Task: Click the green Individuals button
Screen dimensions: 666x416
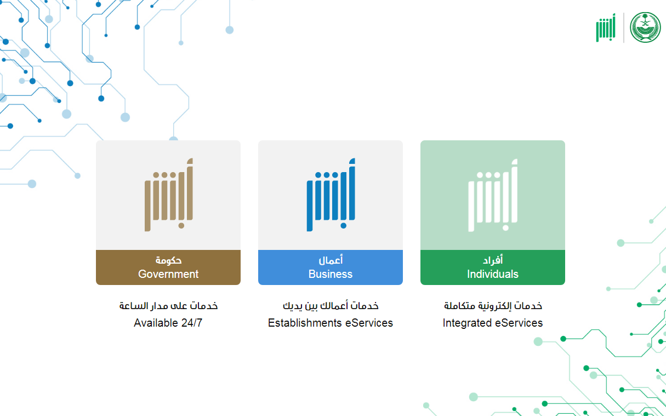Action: [493, 267]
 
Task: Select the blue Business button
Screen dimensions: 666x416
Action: [331, 267]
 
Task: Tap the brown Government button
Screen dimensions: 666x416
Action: [168, 267]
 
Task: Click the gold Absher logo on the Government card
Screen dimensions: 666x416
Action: [169, 195]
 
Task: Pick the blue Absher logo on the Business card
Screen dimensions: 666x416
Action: [331, 195]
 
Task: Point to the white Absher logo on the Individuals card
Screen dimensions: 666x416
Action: [493, 195]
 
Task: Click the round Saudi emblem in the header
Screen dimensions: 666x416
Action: [645, 27]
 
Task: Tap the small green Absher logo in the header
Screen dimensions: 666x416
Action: [606, 27]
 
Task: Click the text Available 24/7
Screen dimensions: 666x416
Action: [168, 323]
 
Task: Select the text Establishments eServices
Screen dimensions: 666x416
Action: [331, 323]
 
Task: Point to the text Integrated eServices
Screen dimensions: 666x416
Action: [493, 323]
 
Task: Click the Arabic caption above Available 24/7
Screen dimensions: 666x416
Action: [168, 306]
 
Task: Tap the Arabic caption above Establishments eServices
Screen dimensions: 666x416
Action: [331, 306]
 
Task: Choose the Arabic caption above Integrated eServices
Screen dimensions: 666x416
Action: [493, 306]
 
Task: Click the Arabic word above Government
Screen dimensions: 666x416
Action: [168, 260]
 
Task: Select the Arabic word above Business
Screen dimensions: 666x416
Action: [331, 260]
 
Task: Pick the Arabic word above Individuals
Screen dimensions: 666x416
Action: [493, 260]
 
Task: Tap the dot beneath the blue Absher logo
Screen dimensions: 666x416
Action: [343, 226]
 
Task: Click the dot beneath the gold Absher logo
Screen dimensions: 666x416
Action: [181, 226]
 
